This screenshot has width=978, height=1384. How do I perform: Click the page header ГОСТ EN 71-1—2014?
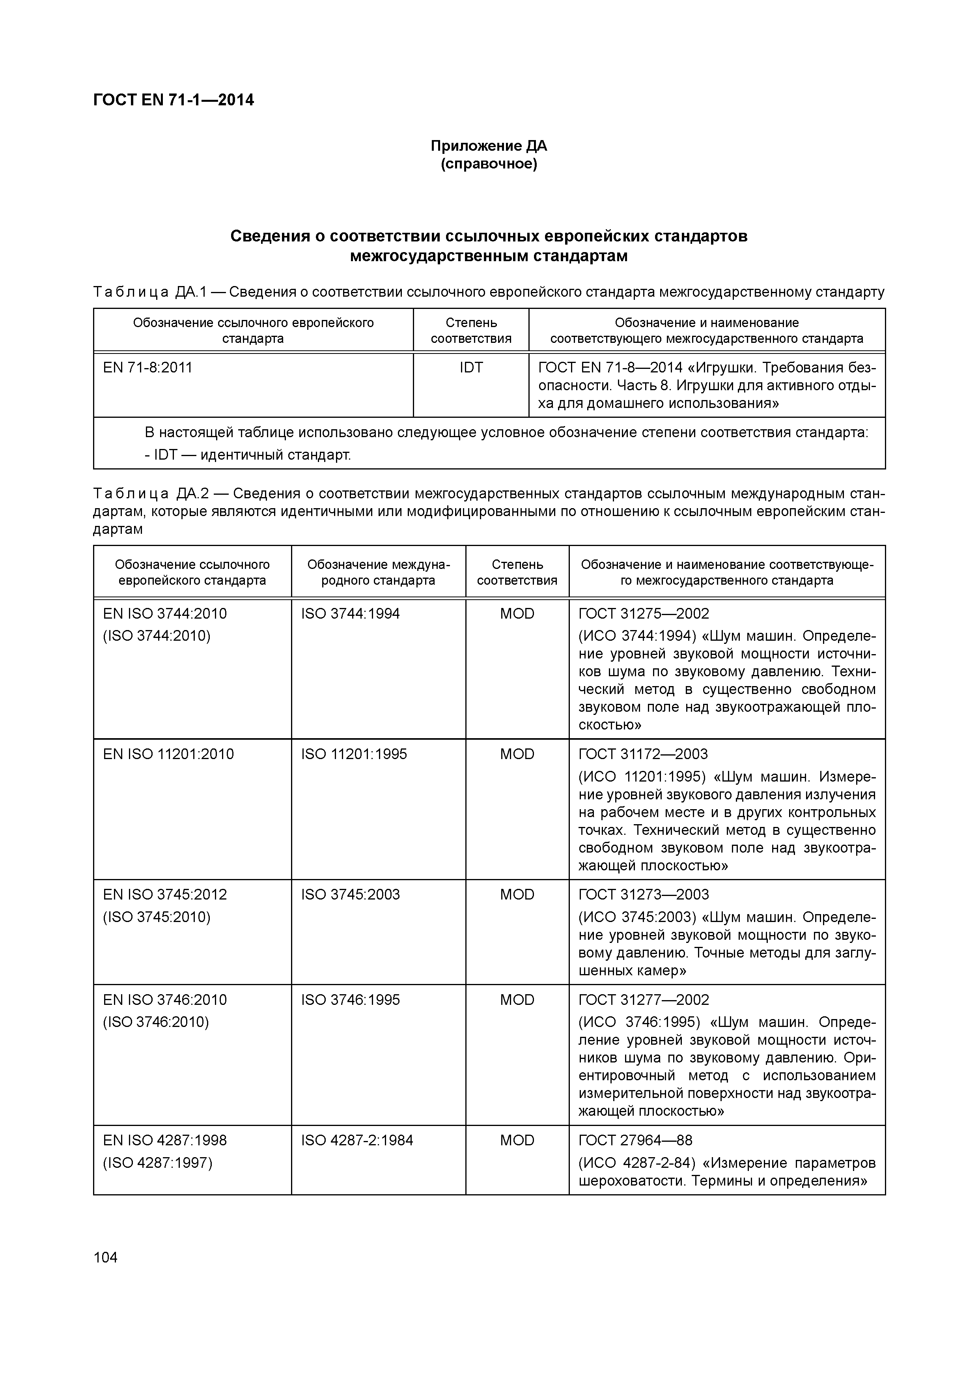(x=174, y=100)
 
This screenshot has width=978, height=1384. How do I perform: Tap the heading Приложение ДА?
(x=488, y=146)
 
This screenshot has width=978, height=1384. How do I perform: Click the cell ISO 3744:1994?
(x=350, y=613)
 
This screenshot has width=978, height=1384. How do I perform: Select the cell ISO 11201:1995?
(x=354, y=754)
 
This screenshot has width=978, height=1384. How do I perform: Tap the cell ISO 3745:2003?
(x=350, y=894)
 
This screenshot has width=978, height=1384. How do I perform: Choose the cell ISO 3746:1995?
(x=350, y=1000)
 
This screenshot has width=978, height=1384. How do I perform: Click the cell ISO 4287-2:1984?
(x=357, y=1141)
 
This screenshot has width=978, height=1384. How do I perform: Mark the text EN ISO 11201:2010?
(x=168, y=754)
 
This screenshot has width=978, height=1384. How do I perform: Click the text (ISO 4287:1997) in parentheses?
(x=157, y=1163)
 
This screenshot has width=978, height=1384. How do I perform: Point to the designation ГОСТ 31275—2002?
(x=644, y=613)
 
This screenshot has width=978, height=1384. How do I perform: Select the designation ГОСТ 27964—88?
(x=635, y=1141)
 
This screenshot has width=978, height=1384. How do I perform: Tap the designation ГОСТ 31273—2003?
(x=644, y=894)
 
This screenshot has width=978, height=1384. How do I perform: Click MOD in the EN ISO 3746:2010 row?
(x=517, y=1000)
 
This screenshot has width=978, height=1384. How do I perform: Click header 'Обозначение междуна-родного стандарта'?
(x=379, y=572)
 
